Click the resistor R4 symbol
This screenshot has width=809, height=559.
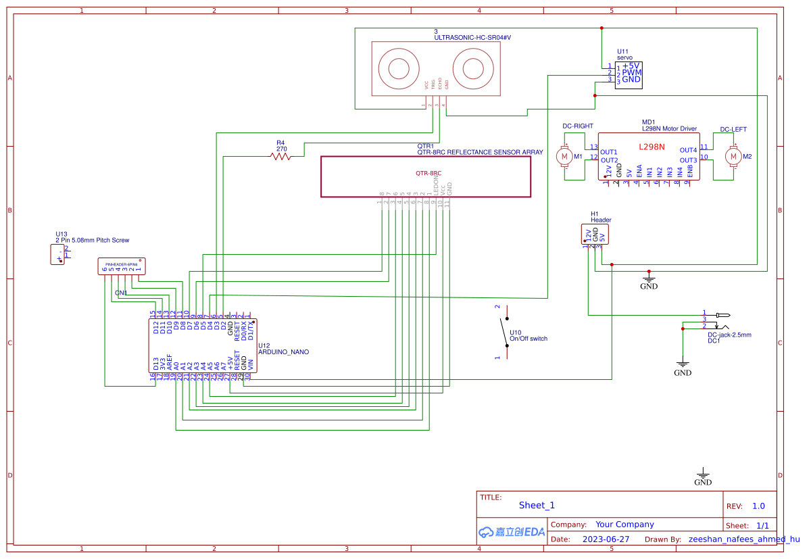pyautogui.click(x=280, y=156)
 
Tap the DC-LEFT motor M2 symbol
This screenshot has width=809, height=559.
pyautogui.click(x=732, y=157)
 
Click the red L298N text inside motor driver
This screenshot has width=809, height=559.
pyautogui.click(x=652, y=147)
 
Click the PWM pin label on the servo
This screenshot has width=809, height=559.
pyautogui.click(x=631, y=72)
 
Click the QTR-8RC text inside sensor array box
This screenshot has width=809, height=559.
pyautogui.click(x=428, y=174)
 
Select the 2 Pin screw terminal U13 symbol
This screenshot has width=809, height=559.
pyautogui.click(x=59, y=255)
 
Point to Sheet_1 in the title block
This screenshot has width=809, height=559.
pyautogui.click(x=537, y=505)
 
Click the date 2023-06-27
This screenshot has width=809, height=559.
pyautogui.click(x=606, y=539)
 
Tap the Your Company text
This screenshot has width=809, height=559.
pyautogui.click(x=624, y=525)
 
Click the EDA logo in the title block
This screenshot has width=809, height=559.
pyautogui.click(x=512, y=532)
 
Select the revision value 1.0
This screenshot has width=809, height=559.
pyautogui.click(x=758, y=506)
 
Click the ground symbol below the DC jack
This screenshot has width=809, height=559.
pyautogui.click(x=683, y=365)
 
